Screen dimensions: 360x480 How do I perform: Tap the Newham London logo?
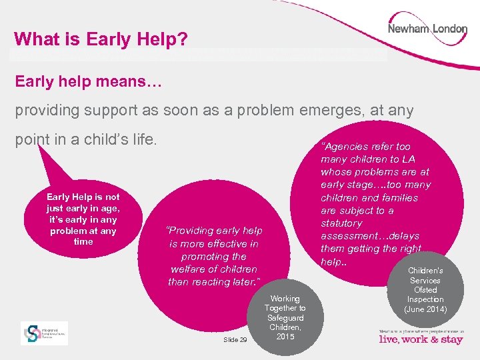[427, 30]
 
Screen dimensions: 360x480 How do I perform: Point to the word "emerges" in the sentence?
[338, 111]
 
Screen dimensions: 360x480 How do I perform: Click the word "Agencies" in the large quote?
[351, 147]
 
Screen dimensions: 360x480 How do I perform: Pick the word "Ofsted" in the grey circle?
[425, 290]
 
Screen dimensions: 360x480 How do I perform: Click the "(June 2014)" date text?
[425, 309]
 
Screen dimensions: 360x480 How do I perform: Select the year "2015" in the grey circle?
[285, 337]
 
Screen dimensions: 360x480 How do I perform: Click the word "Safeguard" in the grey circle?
[285, 318]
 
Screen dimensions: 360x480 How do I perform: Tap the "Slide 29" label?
[235, 340]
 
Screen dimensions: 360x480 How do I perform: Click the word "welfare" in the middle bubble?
[189, 269]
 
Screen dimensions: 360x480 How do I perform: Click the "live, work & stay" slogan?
[420, 339]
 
